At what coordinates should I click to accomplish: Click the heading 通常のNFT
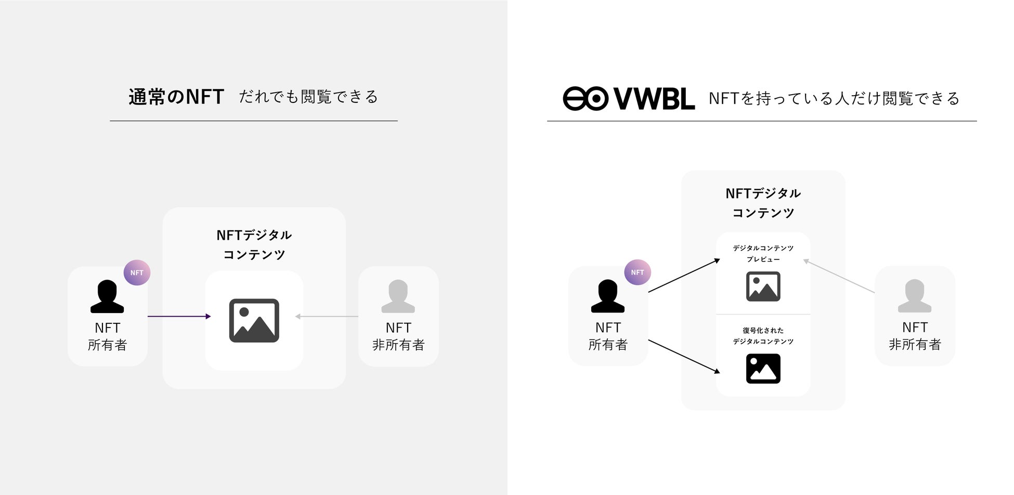click(176, 97)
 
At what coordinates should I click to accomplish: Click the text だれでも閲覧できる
click(308, 97)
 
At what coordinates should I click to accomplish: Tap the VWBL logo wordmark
click(654, 99)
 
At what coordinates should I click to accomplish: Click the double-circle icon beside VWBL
click(585, 99)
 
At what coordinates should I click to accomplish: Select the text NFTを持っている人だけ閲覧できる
click(834, 98)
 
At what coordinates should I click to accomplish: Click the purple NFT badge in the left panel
click(137, 272)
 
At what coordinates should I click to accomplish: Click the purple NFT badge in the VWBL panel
click(638, 272)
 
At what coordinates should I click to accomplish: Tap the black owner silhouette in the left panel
click(107, 296)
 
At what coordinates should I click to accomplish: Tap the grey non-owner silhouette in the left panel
click(398, 296)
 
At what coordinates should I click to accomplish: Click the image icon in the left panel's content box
click(254, 320)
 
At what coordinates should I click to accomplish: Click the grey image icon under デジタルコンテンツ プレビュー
click(763, 286)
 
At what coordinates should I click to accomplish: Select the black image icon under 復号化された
click(763, 369)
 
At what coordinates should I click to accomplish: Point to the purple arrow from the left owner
click(179, 316)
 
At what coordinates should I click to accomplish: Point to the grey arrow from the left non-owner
click(326, 316)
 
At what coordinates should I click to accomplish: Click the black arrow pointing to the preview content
click(683, 276)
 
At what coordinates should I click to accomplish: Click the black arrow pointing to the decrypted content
click(683, 356)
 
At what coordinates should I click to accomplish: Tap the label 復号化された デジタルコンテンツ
click(763, 336)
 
